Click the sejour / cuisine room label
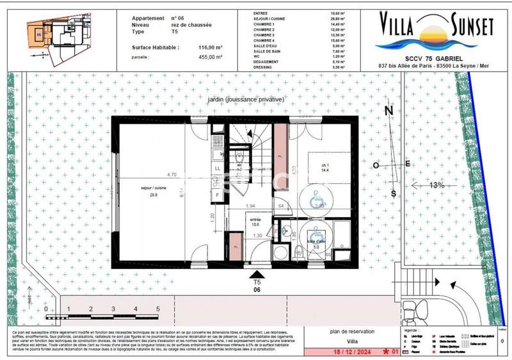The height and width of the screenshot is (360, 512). click(x=152, y=192)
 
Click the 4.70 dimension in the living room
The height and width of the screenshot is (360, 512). click(x=171, y=175)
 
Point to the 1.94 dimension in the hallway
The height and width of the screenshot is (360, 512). click(x=252, y=206)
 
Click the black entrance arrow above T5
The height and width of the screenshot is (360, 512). click(x=257, y=274)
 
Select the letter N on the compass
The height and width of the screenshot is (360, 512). click(x=388, y=110)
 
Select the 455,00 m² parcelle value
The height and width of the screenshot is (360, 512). click(x=210, y=57)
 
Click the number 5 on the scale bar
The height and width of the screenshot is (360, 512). click(x=157, y=309)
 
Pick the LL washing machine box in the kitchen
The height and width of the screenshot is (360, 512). click(x=218, y=168)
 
